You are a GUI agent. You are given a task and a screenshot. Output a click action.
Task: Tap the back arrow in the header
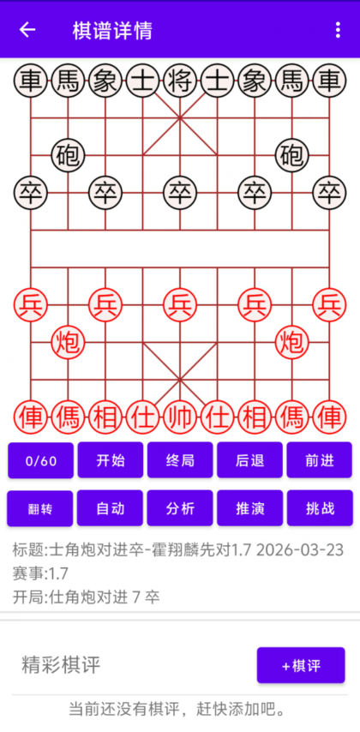pyautogui.click(x=27, y=30)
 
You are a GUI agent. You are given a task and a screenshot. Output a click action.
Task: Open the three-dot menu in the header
pyautogui.click(x=338, y=30)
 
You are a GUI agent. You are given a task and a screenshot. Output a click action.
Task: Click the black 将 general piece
pyautogui.click(x=180, y=81)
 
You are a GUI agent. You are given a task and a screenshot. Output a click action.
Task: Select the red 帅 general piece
pyautogui.click(x=180, y=417)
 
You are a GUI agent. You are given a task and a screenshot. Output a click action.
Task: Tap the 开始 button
pyautogui.click(x=111, y=460)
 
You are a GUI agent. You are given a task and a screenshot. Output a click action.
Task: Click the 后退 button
pyautogui.click(x=249, y=460)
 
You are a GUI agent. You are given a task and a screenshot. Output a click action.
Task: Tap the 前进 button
pyautogui.click(x=320, y=460)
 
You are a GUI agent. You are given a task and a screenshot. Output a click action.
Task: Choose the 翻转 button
pyautogui.click(x=39, y=508)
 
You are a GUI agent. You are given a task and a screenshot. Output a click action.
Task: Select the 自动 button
pyautogui.click(x=111, y=508)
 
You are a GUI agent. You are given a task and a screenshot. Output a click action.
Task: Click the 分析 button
pyautogui.click(x=180, y=508)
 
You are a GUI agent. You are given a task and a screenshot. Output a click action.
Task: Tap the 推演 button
pyautogui.click(x=249, y=508)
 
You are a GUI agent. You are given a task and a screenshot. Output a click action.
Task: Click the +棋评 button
pyautogui.click(x=301, y=665)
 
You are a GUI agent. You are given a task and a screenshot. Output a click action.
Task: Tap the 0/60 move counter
pyautogui.click(x=40, y=460)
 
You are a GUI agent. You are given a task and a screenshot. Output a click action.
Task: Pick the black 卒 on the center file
pyautogui.click(x=180, y=193)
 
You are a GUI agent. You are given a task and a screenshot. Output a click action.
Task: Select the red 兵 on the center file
pyautogui.click(x=180, y=305)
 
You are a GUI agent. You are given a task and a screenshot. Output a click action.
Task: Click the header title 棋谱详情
pyautogui.click(x=112, y=31)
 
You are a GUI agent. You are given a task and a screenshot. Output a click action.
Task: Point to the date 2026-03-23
pyautogui.click(x=300, y=550)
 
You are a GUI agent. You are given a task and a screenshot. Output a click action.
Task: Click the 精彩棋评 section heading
pyautogui.click(x=61, y=665)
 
